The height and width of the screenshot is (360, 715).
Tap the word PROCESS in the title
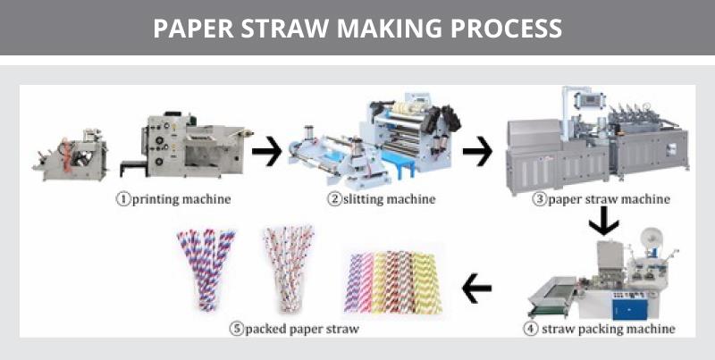tap(506, 29)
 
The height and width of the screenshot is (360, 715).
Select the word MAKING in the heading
tap(390, 29)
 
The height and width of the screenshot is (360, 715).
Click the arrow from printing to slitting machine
tap(266, 151)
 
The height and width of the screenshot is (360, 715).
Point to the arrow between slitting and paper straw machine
tap(477, 151)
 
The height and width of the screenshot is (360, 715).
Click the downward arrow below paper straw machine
tap(604, 221)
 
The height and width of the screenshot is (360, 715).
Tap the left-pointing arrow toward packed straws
tap(476, 288)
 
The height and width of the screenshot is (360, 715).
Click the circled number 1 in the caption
tap(123, 199)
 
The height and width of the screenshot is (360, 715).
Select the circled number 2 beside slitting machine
tap(334, 199)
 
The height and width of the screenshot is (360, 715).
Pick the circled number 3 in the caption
tap(540, 199)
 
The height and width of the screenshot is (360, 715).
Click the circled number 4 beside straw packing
tap(530, 329)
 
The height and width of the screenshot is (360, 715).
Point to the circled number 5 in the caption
tap(237, 329)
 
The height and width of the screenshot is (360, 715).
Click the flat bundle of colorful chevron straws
tap(392, 282)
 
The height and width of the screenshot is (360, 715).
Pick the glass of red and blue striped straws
tap(207, 269)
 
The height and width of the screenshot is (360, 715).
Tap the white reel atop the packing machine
tap(652, 239)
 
